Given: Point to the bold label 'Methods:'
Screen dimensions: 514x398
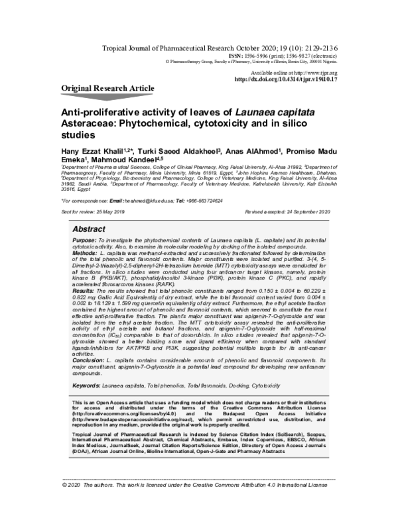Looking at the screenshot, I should pos(86,254).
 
